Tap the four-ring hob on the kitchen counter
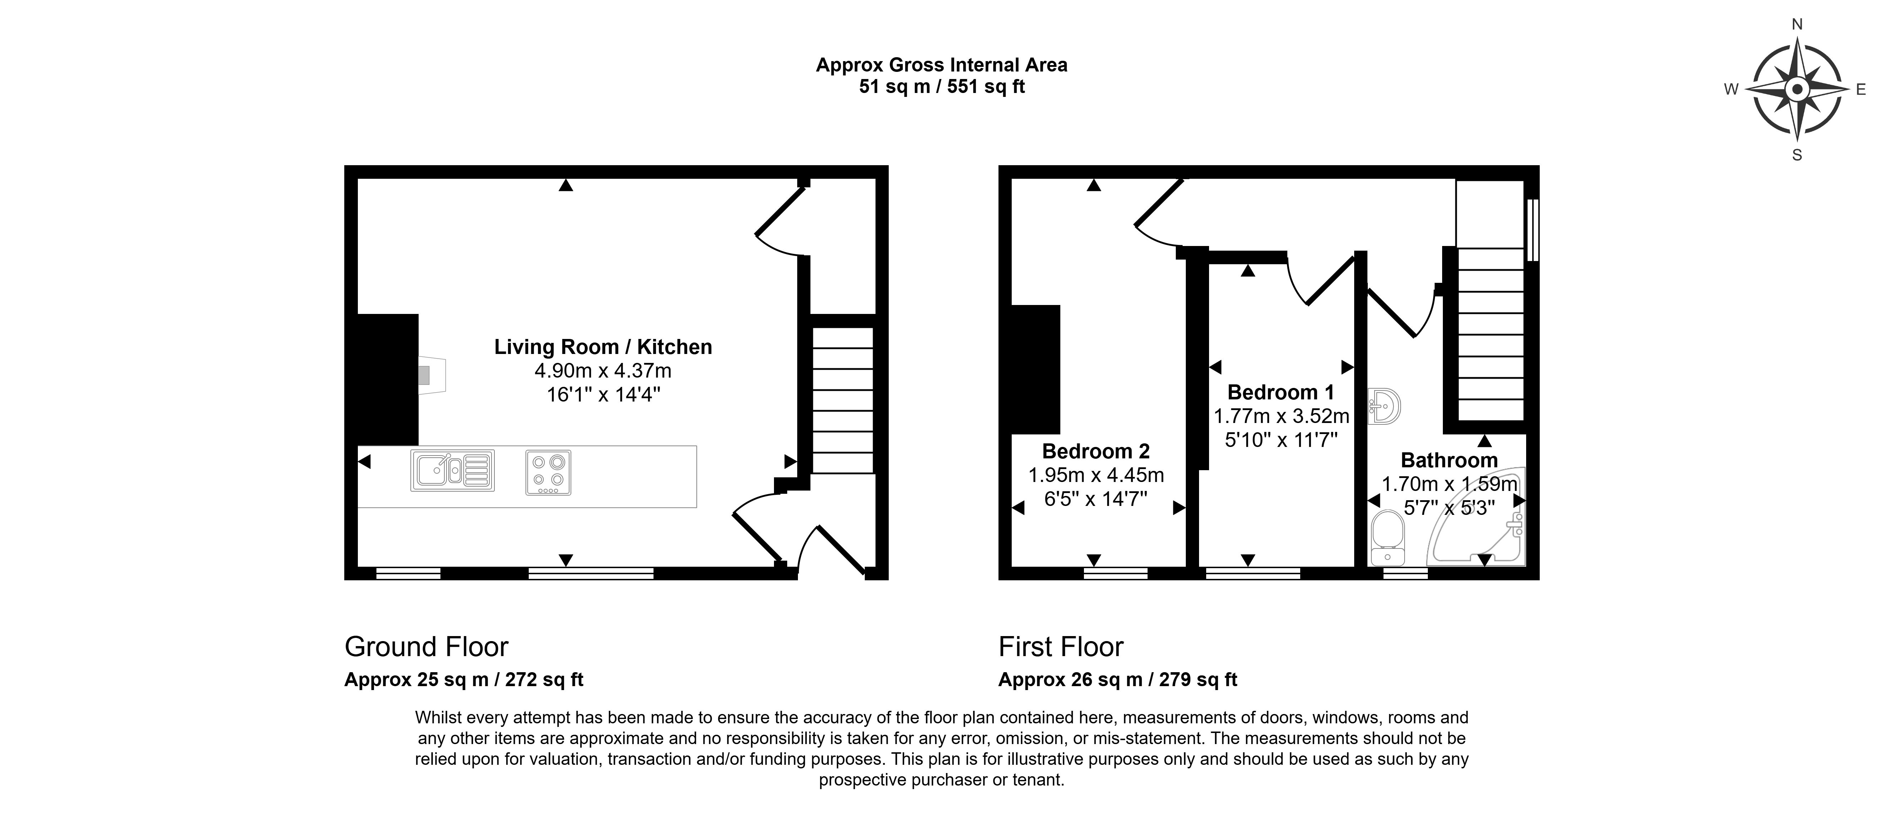(548, 472)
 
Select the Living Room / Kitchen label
(603, 347)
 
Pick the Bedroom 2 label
(1096, 451)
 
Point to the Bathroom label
(1449, 460)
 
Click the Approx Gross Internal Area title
(941, 65)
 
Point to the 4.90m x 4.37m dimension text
(603, 371)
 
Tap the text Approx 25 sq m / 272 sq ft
(464, 679)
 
